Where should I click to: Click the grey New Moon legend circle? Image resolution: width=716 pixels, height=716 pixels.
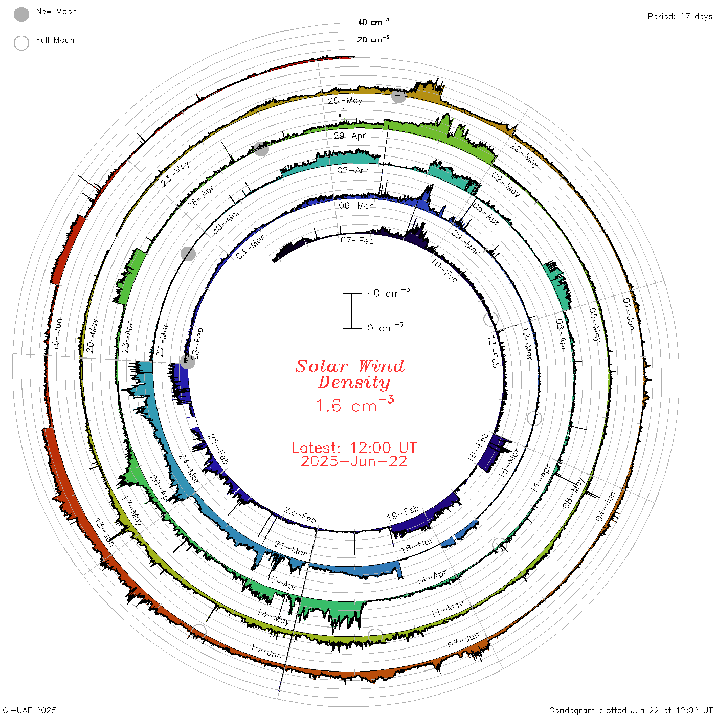pyautogui.click(x=21, y=14)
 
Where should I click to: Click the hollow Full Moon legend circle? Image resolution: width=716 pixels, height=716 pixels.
pyautogui.click(x=21, y=43)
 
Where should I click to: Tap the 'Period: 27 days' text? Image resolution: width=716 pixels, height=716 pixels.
pyautogui.click(x=680, y=17)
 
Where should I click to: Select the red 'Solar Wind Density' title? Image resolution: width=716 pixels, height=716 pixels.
pyautogui.click(x=350, y=374)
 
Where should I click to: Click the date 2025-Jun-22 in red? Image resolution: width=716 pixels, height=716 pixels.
pyautogui.click(x=354, y=461)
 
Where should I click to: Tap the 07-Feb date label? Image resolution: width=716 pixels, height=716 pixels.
pyautogui.click(x=357, y=241)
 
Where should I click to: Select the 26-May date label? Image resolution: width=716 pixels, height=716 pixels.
pyautogui.click(x=345, y=100)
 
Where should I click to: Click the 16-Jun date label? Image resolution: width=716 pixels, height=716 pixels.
pyautogui.click(x=56, y=334)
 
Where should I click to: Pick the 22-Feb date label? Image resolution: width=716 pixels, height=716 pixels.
pyautogui.click(x=300, y=514)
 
